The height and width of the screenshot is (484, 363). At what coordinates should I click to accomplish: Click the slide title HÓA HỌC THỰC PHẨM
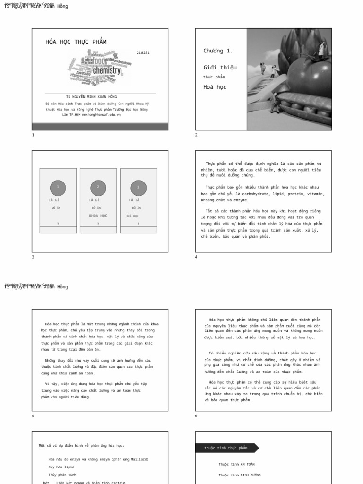[x=76, y=42]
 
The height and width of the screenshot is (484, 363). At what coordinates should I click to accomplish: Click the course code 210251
[x=143, y=53]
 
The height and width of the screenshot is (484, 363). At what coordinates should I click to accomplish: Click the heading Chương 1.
[x=218, y=51]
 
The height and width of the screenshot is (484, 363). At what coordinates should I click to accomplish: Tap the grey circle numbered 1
[x=58, y=188]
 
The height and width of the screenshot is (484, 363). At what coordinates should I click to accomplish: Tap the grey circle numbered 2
[x=98, y=188]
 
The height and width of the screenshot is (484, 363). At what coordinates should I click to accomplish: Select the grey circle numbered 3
[x=138, y=188]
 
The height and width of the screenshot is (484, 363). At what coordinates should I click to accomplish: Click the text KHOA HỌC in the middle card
[x=98, y=216]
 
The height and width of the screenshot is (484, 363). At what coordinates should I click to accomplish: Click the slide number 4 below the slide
[x=197, y=257]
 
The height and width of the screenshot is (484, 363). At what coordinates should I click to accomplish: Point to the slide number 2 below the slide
[x=197, y=135]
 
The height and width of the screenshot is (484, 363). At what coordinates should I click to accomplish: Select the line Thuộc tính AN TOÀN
[x=236, y=464]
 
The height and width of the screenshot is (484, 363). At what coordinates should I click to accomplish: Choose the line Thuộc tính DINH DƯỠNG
[x=239, y=475]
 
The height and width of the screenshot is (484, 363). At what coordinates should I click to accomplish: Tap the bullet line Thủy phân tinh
[x=63, y=475]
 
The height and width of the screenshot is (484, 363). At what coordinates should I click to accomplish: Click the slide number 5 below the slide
[x=33, y=416]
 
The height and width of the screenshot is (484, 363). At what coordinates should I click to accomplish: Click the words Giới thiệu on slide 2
[x=220, y=68]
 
